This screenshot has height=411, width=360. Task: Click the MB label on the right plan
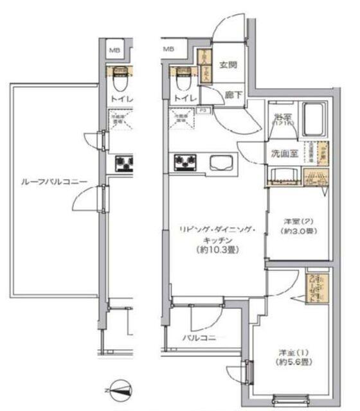pos(168,49)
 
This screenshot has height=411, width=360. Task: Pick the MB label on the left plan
pos(113,49)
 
